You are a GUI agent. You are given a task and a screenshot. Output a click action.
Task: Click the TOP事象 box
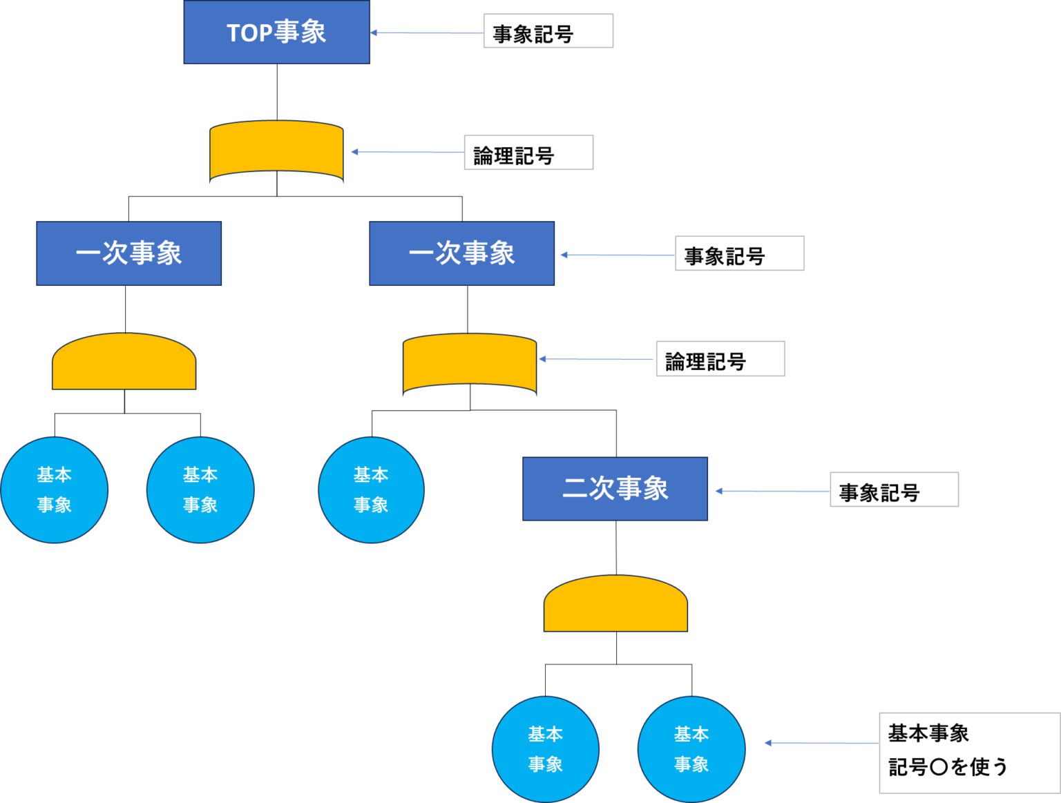[x=276, y=32]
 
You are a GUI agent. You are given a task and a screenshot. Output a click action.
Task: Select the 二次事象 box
[x=615, y=489]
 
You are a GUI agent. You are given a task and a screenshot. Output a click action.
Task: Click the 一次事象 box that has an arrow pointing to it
[x=461, y=253]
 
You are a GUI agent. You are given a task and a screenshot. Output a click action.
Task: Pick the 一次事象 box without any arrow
[x=129, y=253]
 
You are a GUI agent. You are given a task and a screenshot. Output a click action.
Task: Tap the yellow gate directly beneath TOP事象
[x=276, y=151]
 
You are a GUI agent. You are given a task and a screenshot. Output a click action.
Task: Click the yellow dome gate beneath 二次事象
[x=615, y=604]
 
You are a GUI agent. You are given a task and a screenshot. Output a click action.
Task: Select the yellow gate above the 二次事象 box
[x=470, y=364]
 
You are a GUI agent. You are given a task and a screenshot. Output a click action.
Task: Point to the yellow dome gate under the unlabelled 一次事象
[x=124, y=362]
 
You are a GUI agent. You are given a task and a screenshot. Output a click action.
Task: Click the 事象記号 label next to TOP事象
[x=548, y=31]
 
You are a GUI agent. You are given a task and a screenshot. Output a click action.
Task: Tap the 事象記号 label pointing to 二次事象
[x=894, y=490]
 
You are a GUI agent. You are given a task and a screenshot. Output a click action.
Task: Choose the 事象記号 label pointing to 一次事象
[x=739, y=254]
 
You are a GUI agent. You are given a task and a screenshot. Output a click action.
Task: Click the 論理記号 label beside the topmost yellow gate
[x=528, y=153]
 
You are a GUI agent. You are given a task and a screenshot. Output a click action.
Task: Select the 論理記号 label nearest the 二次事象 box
[x=720, y=359]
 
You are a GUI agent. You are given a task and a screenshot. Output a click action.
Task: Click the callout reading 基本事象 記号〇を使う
[x=968, y=753]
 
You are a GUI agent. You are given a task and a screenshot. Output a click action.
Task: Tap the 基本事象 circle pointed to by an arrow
[x=691, y=749]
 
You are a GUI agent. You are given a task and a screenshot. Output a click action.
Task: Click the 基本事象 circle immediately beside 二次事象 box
[x=371, y=490]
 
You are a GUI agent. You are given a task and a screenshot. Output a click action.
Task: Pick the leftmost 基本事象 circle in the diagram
[x=54, y=490]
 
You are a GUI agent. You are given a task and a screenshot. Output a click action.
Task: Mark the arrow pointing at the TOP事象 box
[x=426, y=32]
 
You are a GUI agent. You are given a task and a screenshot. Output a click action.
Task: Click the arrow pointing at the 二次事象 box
[x=772, y=491]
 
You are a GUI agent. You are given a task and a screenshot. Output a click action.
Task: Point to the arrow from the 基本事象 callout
[x=821, y=743]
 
